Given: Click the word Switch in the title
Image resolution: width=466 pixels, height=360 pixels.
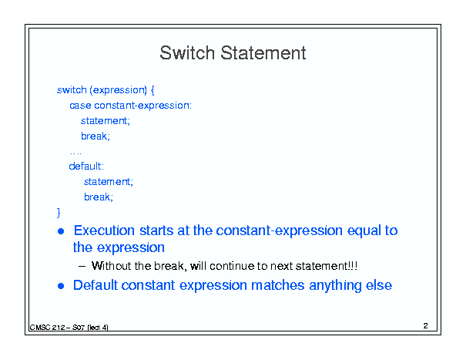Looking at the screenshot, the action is pos(187,53).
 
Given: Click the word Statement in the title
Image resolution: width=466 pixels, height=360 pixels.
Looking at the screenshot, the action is pos(263,53).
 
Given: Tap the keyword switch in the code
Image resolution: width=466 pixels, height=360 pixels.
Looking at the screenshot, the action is pos(72,89).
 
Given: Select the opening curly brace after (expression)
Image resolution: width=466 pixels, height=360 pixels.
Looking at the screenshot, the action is pos(153,90).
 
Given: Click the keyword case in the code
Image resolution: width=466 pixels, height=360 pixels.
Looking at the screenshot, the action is pos(80,106).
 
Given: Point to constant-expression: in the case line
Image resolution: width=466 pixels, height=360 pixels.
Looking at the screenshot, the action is pos(143,106).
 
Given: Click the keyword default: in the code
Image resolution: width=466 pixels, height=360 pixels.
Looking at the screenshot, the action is pos(86,166).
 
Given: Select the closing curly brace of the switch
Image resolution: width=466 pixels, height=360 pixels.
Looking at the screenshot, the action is pos(59,213).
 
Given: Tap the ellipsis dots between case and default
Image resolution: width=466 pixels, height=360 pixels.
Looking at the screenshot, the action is pos(75,153).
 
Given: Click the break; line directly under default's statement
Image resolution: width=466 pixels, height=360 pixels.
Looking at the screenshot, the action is pos(99,197).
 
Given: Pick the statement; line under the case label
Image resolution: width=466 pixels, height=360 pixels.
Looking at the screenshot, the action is pos(106,121).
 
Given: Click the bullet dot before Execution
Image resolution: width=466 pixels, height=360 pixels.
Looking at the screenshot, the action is pos(61,231).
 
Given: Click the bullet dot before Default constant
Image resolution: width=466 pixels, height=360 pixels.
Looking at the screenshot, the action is pos(61,286).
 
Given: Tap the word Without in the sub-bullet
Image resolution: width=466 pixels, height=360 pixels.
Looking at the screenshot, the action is pos(111,266).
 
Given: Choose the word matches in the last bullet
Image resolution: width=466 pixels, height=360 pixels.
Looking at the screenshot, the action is pos(277,285).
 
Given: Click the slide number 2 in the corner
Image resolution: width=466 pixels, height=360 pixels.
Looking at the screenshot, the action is pos(426,326).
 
